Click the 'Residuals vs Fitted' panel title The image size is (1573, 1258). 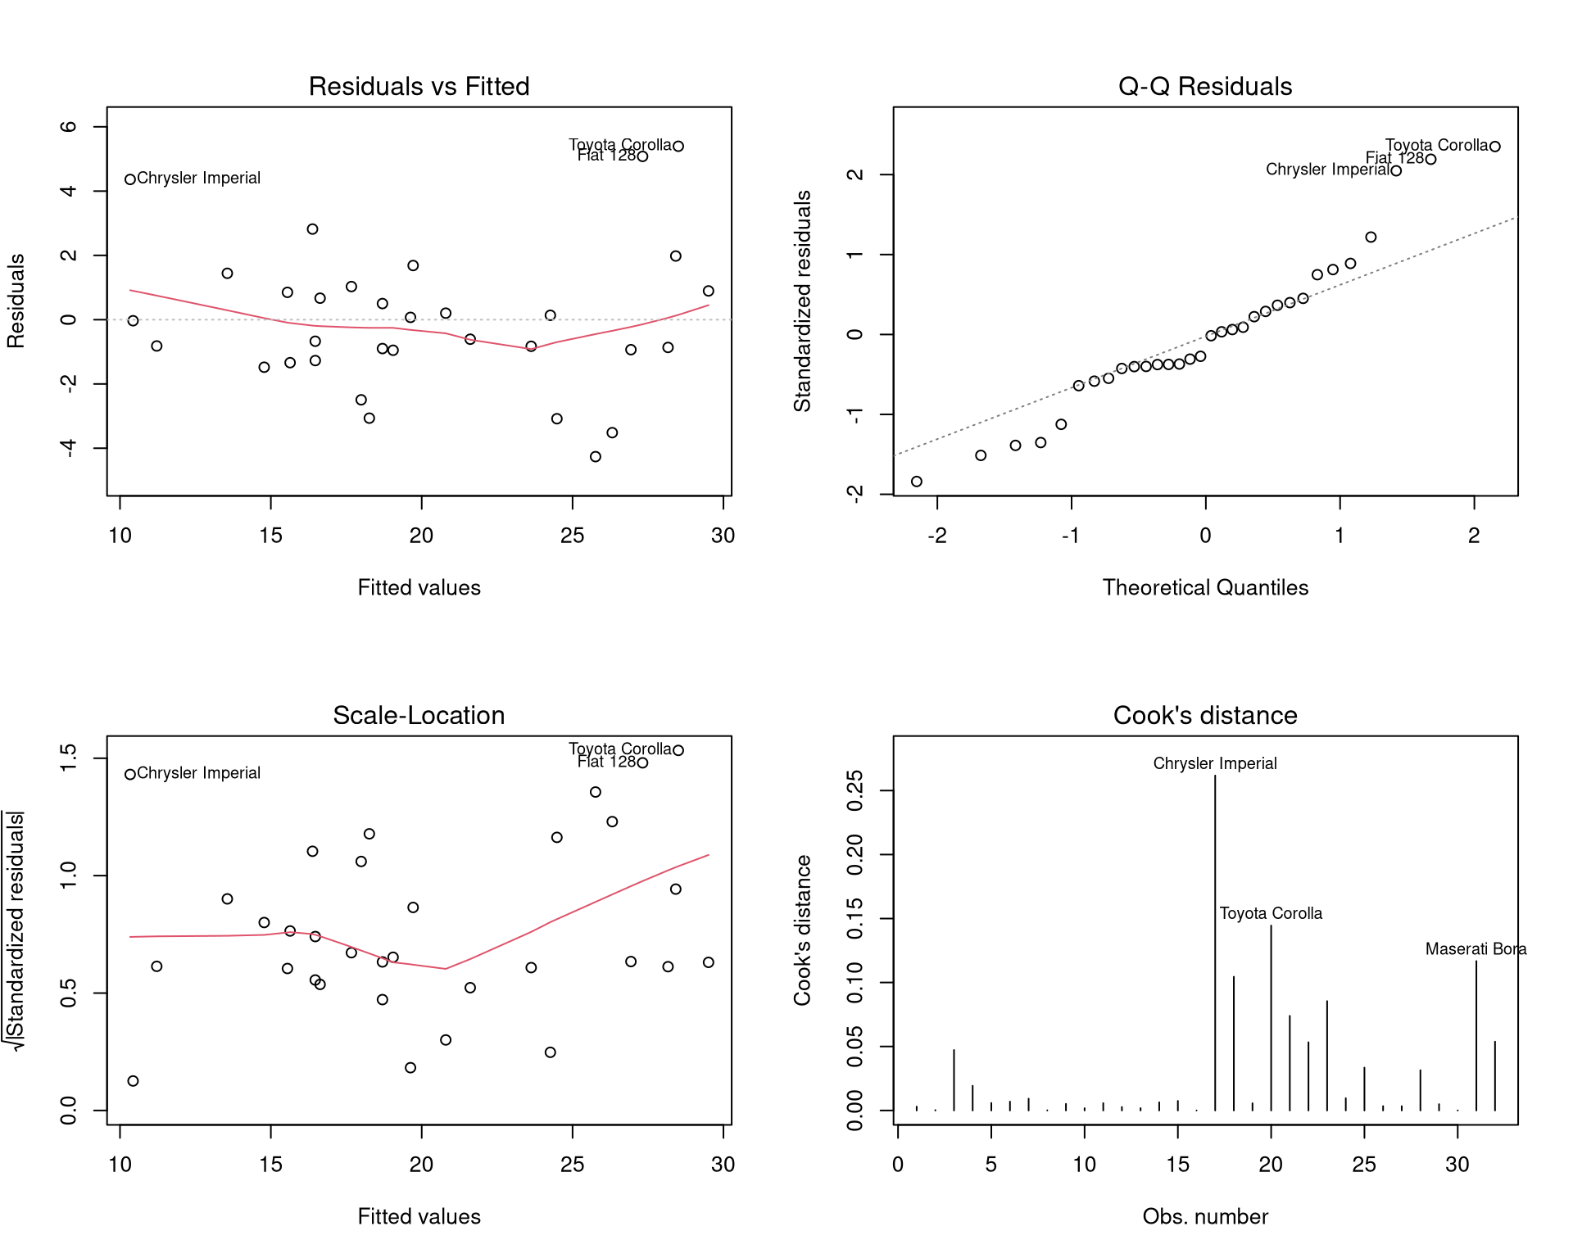pyautogui.click(x=419, y=86)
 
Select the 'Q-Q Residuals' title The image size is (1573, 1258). pyautogui.click(x=1204, y=86)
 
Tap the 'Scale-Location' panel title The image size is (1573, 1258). pyautogui.click(x=419, y=715)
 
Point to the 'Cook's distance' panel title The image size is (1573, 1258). pyautogui.click(x=1204, y=715)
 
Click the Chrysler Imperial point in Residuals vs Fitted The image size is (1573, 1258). pyautogui.click(x=130, y=179)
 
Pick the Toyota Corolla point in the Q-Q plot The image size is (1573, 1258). pyautogui.click(x=1495, y=147)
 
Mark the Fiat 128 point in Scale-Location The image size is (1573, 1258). pyautogui.click(x=643, y=762)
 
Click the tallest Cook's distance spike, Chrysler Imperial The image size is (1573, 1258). pyautogui.click(x=1215, y=942)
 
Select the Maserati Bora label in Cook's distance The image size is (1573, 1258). pyautogui.click(x=1476, y=948)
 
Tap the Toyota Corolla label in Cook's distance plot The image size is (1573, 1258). pyautogui.click(x=1271, y=913)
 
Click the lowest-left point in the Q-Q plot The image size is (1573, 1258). pyautogui.click(x=917, y=482)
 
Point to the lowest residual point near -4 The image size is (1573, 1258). pyautogui.click(x=596, y=457)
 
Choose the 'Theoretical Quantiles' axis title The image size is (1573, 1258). pyautogui.click(x=1204, y=587)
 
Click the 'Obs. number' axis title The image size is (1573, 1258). pyautogui.click(x=1204, y=1216)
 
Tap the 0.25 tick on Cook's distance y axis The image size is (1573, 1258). pyautogui.click(x=855, y=790)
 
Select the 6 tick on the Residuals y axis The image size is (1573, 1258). pyautogui.click(x=69, y=127)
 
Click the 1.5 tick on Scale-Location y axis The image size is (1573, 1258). pyautogui.click(x=69, y=758)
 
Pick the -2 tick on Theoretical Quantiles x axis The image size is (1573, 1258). pyautogui.click(x=936, y=536)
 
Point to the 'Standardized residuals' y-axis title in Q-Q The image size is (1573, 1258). pyautogui.click(x=803, y=301)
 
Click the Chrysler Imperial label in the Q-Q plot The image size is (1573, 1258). pyautogui.click(x=1327, y=170)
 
